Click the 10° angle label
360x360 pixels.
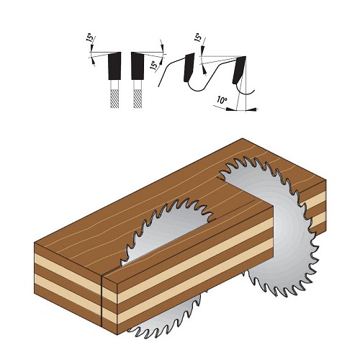pyautogui.click(x=222, y=99)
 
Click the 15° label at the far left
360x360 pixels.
pyautogui.click(x=89, y=37)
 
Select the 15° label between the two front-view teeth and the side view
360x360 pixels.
pyautogui.click(x=154, y=65)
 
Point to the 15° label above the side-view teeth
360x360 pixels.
pyautogui.click(x=198, y=37)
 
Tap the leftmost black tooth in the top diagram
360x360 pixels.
pyautogui.click(x=114, y=66)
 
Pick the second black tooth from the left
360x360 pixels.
pyautogui.click(x=138, y=66)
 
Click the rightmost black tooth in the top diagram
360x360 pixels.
pyautogui.click(x=239, y=70)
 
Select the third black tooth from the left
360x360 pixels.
pyautogui.click(x=189, y=67)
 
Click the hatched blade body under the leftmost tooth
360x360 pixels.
pyautogui.click(x=114, y=99)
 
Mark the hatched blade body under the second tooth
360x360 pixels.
pyautogui.click(x=138, y=99)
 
